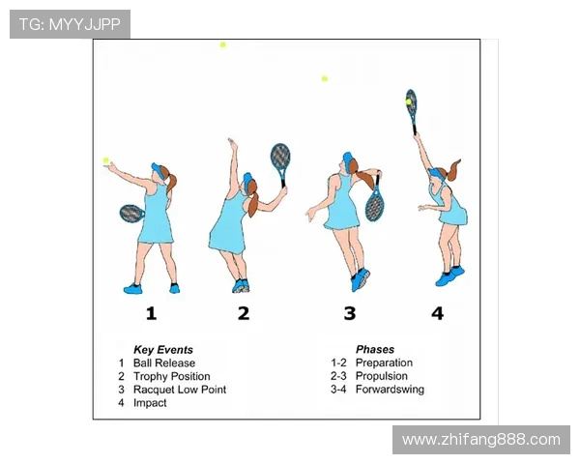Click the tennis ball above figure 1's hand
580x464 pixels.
click(106, 160)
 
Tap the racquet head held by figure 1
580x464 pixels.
click(130, 214)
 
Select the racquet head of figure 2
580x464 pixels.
click(280, 157)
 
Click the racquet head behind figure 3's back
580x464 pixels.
click(374, 205)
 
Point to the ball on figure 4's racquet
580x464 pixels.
click(408, 101)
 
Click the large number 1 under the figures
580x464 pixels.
click(151, 313)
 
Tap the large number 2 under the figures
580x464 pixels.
click(244, 313)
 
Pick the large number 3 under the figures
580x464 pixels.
click(350, 313)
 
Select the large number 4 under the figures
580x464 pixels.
click(437, 313)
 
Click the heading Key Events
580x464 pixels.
click(163, 350)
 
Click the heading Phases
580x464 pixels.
click(375, 349)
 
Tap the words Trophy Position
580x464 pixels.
click(172, 376)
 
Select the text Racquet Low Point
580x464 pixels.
click(180, 390)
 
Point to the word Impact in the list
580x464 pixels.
click(150, 403)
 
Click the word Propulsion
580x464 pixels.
click(382, 376)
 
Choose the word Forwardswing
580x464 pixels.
click(390, 390)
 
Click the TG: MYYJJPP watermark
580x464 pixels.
click(70, 24)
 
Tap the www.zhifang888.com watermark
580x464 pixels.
click(481, 440)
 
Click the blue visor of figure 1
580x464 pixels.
click(158, 170)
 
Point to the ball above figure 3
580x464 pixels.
click(325, 78)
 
